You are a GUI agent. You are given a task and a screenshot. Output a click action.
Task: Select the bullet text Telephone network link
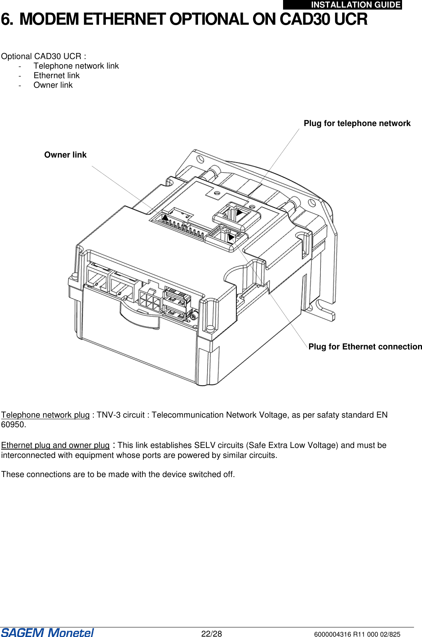point(76,66)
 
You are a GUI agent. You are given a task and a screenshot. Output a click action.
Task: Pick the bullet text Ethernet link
point(56,75)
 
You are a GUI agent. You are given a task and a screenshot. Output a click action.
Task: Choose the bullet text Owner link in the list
point(53,85)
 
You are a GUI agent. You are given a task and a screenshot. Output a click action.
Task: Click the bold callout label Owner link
point(65,155)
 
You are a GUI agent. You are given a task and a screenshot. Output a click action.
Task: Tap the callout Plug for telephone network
point(357,123)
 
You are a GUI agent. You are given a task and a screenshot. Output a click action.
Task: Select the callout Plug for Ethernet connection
point(365,347)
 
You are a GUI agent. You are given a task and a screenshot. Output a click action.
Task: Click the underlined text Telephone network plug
point(45,415)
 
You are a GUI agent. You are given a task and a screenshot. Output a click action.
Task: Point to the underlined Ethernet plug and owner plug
point(55,445)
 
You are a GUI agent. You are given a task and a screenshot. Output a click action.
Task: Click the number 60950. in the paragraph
point(14,424)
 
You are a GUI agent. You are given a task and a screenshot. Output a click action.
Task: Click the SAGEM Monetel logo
point(47,633)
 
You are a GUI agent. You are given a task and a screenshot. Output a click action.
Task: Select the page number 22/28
point(211,634)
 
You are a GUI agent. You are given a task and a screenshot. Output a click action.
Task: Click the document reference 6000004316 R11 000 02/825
point(357,634)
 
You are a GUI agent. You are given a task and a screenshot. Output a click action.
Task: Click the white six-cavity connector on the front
point(149,300)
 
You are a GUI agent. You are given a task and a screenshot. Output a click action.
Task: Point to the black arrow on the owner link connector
point(164,217)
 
